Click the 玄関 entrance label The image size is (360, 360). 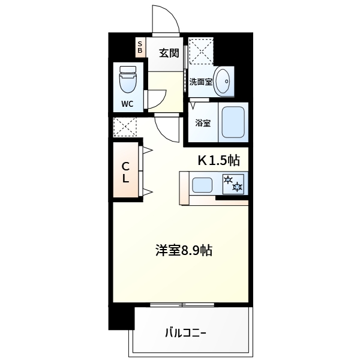[169, 53]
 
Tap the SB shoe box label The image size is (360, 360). [140, 47]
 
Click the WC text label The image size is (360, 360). [128, 103]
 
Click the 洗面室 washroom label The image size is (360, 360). [200, 82]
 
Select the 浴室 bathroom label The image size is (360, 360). [202, 124]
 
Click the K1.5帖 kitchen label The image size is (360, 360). [219, 160]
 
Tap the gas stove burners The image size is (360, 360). [233, 184]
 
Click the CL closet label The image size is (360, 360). [127, 172]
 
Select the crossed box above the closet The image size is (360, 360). [125, 126]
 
